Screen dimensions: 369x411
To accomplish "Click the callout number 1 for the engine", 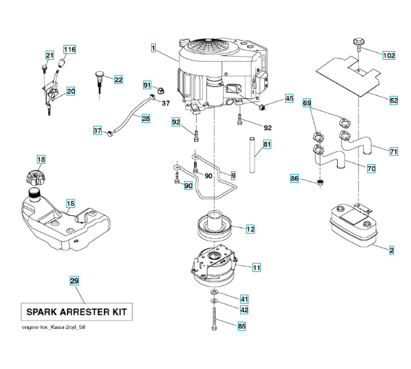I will [x=152, y=47].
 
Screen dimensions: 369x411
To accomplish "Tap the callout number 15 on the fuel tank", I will [x=70, y=203].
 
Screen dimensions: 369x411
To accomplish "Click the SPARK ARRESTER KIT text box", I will [x=76, y=312].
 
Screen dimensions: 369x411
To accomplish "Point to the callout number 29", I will [x=74, y=281].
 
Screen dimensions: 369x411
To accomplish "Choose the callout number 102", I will [x=389, y=55].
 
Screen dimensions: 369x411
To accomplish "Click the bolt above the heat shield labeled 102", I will [x=356, y=44].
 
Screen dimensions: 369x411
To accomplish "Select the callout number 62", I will [x=394, y=100].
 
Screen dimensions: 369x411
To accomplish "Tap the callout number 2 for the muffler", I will [x=392, y=250].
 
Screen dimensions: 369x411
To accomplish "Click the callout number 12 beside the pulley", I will [x=250, y=229].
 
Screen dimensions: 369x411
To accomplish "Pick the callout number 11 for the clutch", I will [x=256, y=268].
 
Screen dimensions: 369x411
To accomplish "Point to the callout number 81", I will [x=266, y=145].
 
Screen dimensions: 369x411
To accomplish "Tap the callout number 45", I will [x=289, y=98].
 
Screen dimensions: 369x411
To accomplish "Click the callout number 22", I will [x=118, y=79].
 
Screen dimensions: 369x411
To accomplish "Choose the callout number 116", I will [x=70, y=49].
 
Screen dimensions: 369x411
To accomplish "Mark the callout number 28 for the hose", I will [x=145, y=119].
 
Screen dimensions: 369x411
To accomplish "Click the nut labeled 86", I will [x=320, y=183].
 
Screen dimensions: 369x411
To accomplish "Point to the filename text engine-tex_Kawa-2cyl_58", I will [x=54, y=327].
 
